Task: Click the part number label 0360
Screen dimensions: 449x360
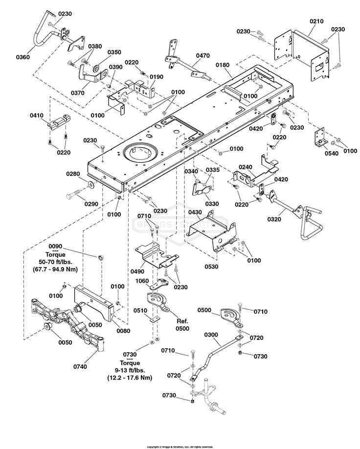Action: tap(22, 57)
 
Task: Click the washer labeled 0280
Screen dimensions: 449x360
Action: tap(91, 185)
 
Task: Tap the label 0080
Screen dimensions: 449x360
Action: tap(123, 331)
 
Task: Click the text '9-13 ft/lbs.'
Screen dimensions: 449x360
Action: tap(130, 370)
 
